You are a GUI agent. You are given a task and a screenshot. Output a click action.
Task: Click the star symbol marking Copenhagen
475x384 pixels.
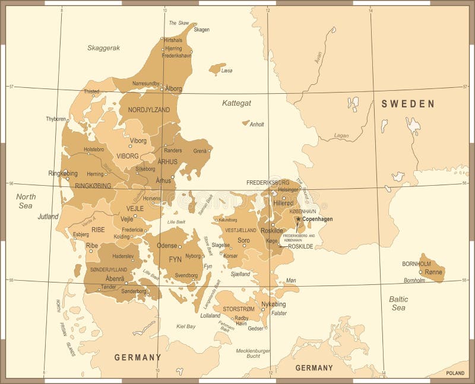[x=298, y=219]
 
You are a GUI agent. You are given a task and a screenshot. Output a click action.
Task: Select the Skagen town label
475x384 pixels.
[x=202, y=30]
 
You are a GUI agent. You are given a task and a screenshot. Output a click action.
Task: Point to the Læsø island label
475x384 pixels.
[x=227, y=71]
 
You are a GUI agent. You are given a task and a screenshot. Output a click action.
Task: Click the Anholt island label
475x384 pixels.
[x=256, y=125]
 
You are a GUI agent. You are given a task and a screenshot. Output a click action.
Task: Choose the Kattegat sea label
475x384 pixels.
[x=236, y=103]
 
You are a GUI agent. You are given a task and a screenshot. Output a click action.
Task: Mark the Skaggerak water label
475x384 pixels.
[x=103, y=47]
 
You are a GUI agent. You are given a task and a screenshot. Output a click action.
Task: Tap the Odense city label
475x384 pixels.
[x=167, y=246]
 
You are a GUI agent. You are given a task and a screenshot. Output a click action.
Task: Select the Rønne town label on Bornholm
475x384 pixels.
[x=433, y=272]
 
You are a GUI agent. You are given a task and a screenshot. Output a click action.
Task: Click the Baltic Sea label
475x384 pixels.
[x=398, y=303]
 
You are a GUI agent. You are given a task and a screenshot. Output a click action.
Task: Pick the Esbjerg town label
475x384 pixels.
[x=81, y=234]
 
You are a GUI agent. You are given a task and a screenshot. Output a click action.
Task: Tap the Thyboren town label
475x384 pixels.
[x=56, y=119]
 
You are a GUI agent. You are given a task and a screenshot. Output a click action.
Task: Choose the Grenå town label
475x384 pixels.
[x=199, y=151]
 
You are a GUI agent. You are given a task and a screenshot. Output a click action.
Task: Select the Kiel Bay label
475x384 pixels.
[x=186, y=326]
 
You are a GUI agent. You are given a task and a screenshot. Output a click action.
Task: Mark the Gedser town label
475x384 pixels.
[x=255, y=328]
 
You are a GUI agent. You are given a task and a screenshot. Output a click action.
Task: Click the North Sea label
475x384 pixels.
[x=26, y=201]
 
